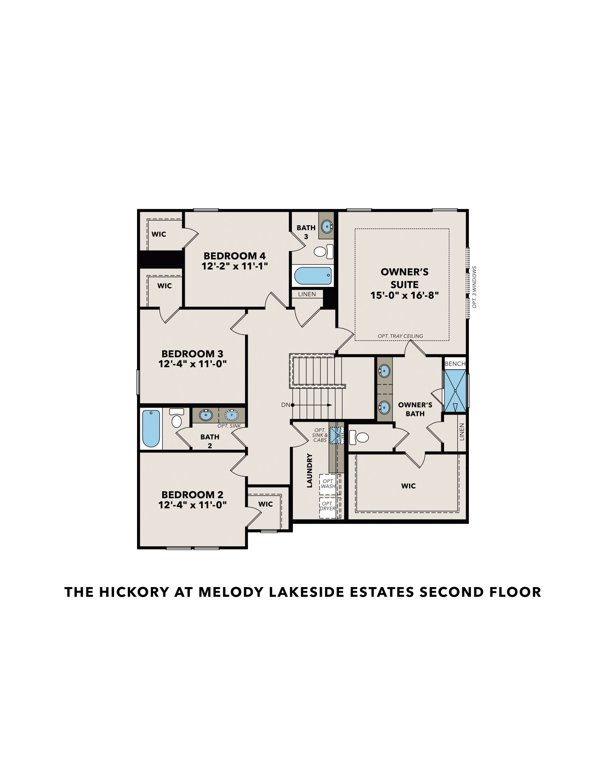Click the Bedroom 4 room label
tap(235, 256)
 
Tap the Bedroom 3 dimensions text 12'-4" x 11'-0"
tap(193, 364)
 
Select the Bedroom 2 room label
tap(193, 495)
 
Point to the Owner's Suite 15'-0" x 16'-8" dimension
tap(404, 295)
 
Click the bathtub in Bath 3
tap(313, 275)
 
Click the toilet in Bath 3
tap(323, 251)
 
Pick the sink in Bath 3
tap(327, 226)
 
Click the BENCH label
tap(455, 363)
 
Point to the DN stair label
tap(286, 405)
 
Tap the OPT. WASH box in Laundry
tap(328, 484)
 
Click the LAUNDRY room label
tap(309, 471)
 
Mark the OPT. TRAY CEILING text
tap(401, 336)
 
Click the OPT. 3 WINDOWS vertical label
tap(474, 287)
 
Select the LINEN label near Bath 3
tap(307, 294)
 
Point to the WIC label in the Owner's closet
tap(408, 486)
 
